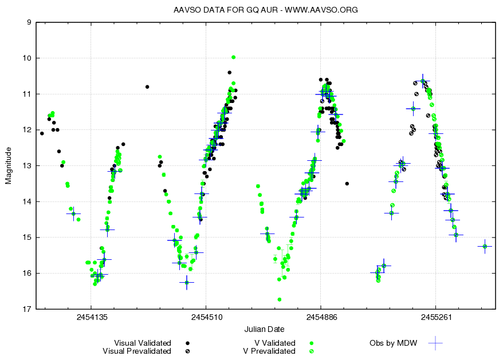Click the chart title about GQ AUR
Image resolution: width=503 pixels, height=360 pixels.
pyautogui.click(x=265, y=10)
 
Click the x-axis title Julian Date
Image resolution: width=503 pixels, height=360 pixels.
pyautogui.click(x=264, y=329)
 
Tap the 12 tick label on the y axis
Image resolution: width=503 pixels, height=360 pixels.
pyautogui.click(x=27, y=130)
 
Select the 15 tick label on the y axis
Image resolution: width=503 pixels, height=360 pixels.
pyautogui.click(x=27, y=238)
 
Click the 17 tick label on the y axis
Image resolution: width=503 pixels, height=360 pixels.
pyautogui.click(x=27, y=309)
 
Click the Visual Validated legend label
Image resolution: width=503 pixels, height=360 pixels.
pyautogui.click(x=143, y=343)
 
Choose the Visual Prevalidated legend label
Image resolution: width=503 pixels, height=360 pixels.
pyautogui.click(x=136, y=351)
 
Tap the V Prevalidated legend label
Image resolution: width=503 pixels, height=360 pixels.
pyautogui.click(x=269, y=351)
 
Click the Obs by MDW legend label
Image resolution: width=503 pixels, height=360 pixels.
pyautogui.click(x=393, y=343)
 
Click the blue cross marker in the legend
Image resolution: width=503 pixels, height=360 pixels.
pyautogui.click(x=436, y=343)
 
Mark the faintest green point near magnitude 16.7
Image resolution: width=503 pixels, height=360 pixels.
pyautogui.click(x=280, y=299)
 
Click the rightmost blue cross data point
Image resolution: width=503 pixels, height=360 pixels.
pyautogui.click(x=485, y=246)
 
